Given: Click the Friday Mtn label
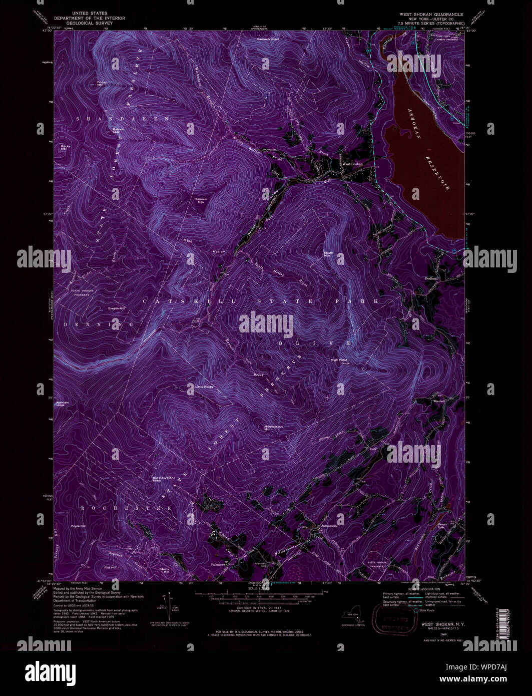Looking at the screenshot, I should [x=102, y=83].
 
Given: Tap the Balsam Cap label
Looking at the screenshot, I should [x=118, y=130].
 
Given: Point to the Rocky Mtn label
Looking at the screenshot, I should [x=64, y=148].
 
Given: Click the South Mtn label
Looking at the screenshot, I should [x=328, y=254].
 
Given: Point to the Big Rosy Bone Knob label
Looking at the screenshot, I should [x=164, y=479].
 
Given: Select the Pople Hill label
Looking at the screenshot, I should [x=79, y=526].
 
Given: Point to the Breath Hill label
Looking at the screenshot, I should [x=116, y=308].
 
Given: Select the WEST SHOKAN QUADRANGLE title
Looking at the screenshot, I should [x=431, y=15].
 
